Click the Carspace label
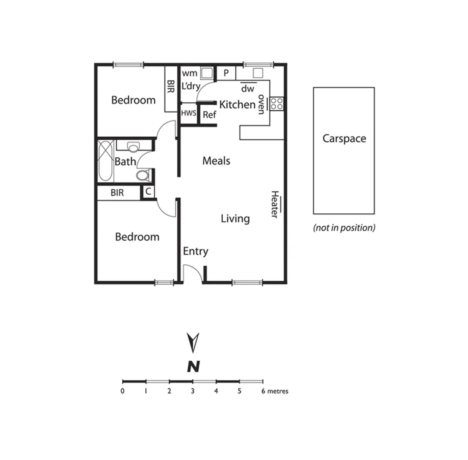pyautogui.click(x=344, y=138)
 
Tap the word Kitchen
pyautogui.click(x=237, y=104)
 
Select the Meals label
pyautogui.click(x=216, y=161)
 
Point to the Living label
pyautogui.click(x=235, y=219)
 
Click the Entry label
pyautogui.click(x=195, y=251)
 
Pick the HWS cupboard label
pyautogui.click(x=189, y=114)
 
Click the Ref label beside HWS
pyautogui.click(x=209, y=115)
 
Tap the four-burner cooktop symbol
pyautogui.click(x=276, y=104)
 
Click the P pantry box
pyautogui.click(x=226, y=73)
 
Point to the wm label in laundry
pyautogui.click(x=189, y=73)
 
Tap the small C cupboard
pyautogui.click(x=148, y=192)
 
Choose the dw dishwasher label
pyautogui.click(x=248, y=89)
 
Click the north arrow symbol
pyautogui.click(x=193, y=342)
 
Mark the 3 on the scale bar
pyautogui.click(x=193, y=391)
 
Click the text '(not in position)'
pyautogui.click(x=344, y=228)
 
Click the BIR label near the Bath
pyautogui.click(x=117, y=193)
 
